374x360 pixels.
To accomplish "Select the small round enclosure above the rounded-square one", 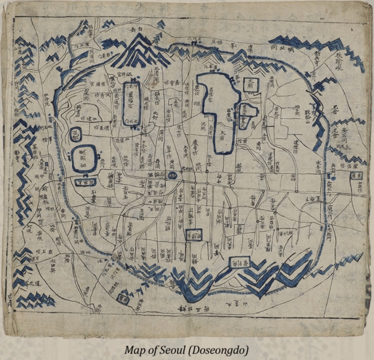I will pyautogui.click(x=76, y=134).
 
